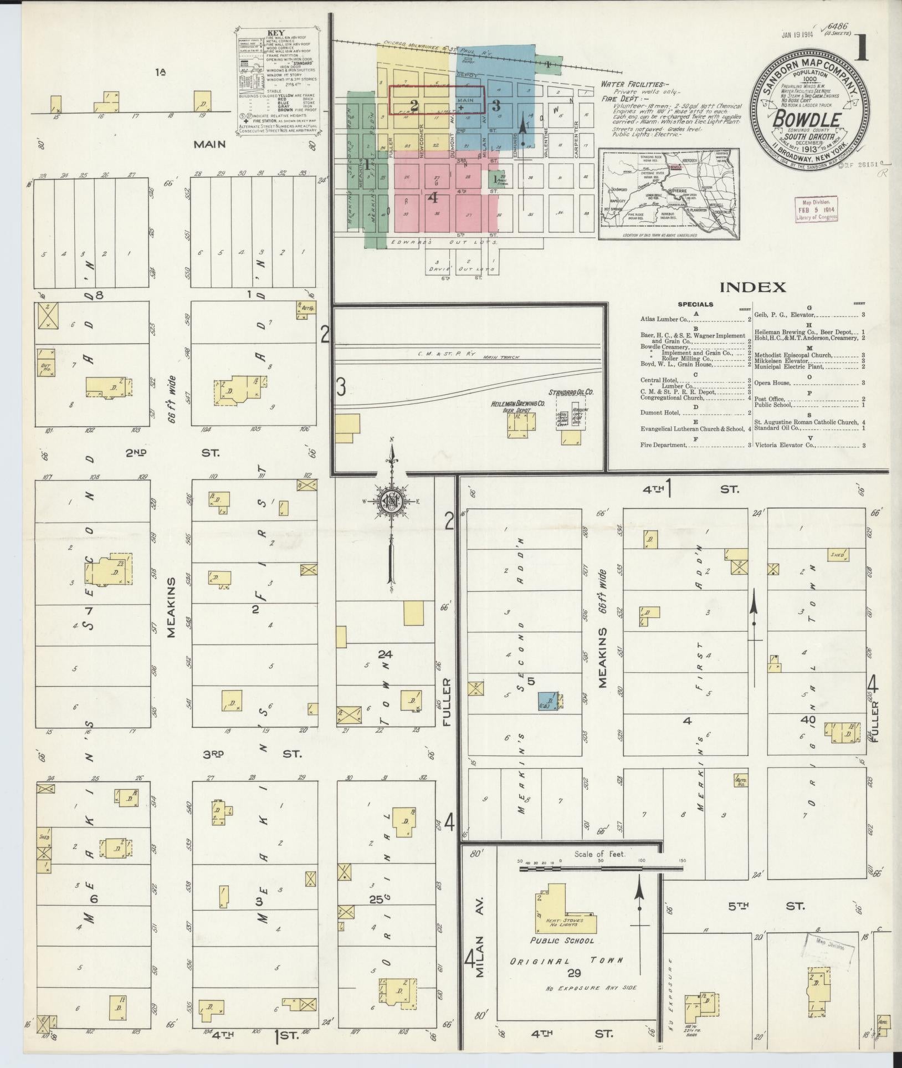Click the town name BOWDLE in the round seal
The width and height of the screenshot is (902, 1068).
[809, 119]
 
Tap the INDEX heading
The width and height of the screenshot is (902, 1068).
[752, 287]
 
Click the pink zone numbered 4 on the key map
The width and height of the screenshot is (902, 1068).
[434, 197]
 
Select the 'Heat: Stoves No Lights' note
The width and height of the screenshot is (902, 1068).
[564, 922]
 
